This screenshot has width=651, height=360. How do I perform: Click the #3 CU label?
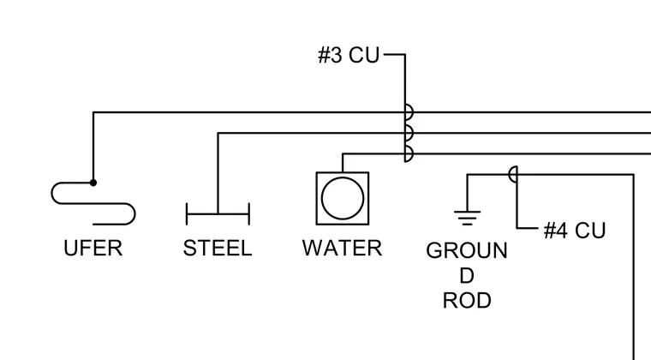coord(349,55)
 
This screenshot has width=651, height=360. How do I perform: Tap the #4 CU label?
coord(575,231)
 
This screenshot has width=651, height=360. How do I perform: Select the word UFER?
coord(93,249)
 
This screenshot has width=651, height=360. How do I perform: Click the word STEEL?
coord(218,249)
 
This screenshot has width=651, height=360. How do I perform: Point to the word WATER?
coord(342,249)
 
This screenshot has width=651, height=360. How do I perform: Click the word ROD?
coord(467,300)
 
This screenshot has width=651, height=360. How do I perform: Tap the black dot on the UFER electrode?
coord(93,183)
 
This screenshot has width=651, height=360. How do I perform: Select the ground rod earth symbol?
coord(467,218)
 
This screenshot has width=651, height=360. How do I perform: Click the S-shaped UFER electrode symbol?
coord(93,203)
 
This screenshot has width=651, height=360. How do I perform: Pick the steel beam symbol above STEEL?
coord(218,213)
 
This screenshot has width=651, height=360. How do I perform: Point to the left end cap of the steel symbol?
coord(187,213)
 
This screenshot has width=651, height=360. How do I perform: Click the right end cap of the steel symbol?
coord(249,213)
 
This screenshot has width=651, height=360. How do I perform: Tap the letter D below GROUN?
coord(467,275)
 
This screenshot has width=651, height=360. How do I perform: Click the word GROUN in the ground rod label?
coord(467,250)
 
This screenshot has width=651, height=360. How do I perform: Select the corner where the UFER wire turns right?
coord(93,112)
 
